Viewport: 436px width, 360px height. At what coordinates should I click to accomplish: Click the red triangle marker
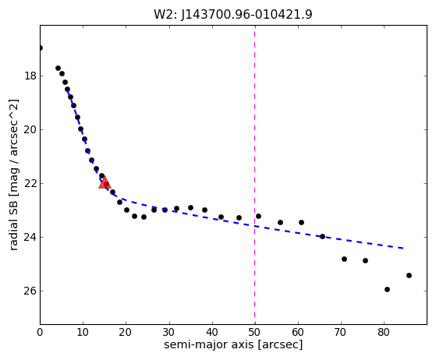click(x=105, y=182)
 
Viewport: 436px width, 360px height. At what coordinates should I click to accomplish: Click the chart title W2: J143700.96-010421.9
click(x=233, y=14)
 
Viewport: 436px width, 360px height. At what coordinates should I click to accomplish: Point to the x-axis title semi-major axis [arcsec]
click(x=233, y=344)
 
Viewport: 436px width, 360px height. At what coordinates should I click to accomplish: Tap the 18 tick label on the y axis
click(x=30, y=76)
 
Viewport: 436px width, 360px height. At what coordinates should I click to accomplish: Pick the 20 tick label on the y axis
click(x=30, y=129)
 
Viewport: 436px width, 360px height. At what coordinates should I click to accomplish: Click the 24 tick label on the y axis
click(x=30, y=237)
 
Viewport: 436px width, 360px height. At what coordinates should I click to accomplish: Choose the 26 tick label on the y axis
click(x=30, y=291)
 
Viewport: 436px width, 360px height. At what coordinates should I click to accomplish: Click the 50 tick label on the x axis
click(x=255, y=332)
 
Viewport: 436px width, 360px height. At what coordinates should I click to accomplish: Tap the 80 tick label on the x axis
click(x=384, y=332)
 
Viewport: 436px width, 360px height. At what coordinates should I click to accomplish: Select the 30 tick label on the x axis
click(x=168, y=332)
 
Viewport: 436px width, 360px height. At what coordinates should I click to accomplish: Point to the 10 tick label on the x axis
click(x=83, y=332)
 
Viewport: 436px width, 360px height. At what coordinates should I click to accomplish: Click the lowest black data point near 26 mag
click(x=387, y=289)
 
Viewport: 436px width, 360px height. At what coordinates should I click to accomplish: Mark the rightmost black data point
click(x=409, y=276)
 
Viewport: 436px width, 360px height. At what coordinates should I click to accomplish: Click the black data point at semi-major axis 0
click(x=41, y=48)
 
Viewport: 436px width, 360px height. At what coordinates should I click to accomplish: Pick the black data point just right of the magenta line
click(x=258, y=216)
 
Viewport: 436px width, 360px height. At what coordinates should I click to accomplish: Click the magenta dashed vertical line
click(x=255, y=175)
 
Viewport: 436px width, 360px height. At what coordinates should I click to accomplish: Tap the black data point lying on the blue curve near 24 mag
click(x=323, y=236)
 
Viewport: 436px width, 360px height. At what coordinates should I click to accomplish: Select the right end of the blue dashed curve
click(x=408, y=249)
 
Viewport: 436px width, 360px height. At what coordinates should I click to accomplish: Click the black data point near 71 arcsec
click(x=344, y=259)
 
